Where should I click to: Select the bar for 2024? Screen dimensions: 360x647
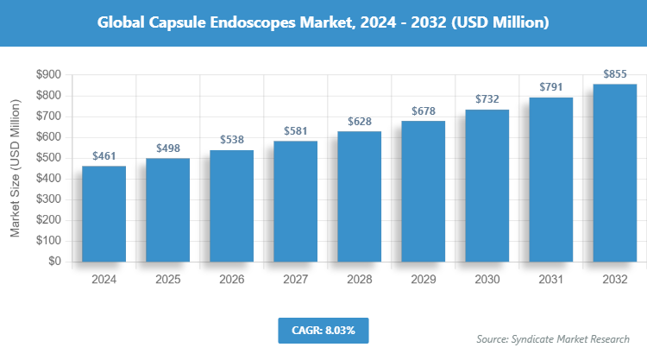[104, 213]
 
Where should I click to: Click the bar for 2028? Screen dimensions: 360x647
[359, 196]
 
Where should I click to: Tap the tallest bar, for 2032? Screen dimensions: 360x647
[614, 173]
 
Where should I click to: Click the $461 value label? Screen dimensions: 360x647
[104, 156]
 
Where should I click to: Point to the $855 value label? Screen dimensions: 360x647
[614, 74]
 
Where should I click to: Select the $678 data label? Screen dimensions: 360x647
[423, 111]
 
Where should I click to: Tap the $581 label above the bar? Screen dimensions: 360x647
[295, 131]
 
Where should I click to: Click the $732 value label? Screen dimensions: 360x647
[487, 100]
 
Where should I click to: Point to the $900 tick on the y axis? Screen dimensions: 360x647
[47, 75]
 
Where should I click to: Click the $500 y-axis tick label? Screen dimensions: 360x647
[47, 158]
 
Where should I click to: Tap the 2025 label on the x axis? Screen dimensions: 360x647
[167, 280]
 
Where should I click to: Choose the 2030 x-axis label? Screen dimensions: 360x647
[487, 280]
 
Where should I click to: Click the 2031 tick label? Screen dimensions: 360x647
[550, 280]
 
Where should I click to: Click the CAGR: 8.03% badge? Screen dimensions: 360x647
[323, 330]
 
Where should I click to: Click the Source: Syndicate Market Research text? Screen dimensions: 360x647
[553, 338]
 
